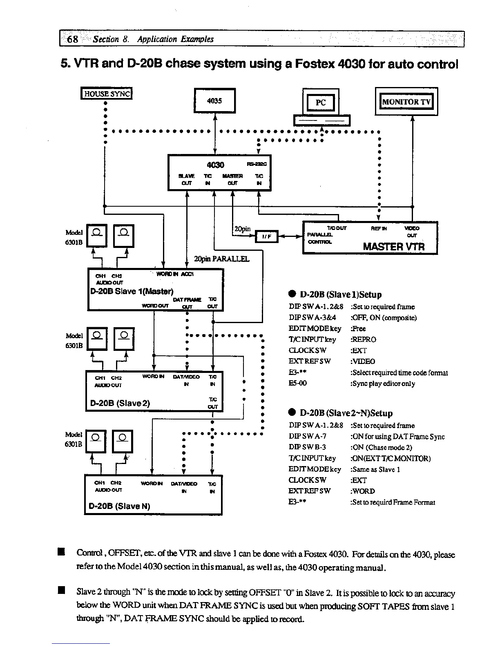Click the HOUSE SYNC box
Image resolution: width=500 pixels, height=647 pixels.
[107, 94]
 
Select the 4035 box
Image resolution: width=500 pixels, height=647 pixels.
[214, 100]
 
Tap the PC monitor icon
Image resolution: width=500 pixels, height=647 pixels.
[321, 103]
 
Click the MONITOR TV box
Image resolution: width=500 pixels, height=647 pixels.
[406, 102]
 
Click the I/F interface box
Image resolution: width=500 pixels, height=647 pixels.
[266, 236]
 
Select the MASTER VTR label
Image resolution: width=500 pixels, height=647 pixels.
[394, 247]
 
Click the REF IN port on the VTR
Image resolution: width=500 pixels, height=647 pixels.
[379, 228]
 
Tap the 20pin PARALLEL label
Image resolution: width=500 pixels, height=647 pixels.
[221, 259]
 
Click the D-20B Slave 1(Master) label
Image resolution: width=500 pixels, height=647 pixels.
[132, 291]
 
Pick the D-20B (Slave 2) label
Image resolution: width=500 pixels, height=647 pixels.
[120, 404]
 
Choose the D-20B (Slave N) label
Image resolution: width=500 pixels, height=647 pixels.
[120, 506]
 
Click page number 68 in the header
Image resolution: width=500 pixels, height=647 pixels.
[73, 39]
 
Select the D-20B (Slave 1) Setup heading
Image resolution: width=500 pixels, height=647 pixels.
[341, 294]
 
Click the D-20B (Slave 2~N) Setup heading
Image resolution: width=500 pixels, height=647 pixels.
[346, 413]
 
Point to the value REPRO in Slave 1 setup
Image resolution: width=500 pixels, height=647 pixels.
[363, 339]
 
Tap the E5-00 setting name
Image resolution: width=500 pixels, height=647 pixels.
[297, 383]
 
